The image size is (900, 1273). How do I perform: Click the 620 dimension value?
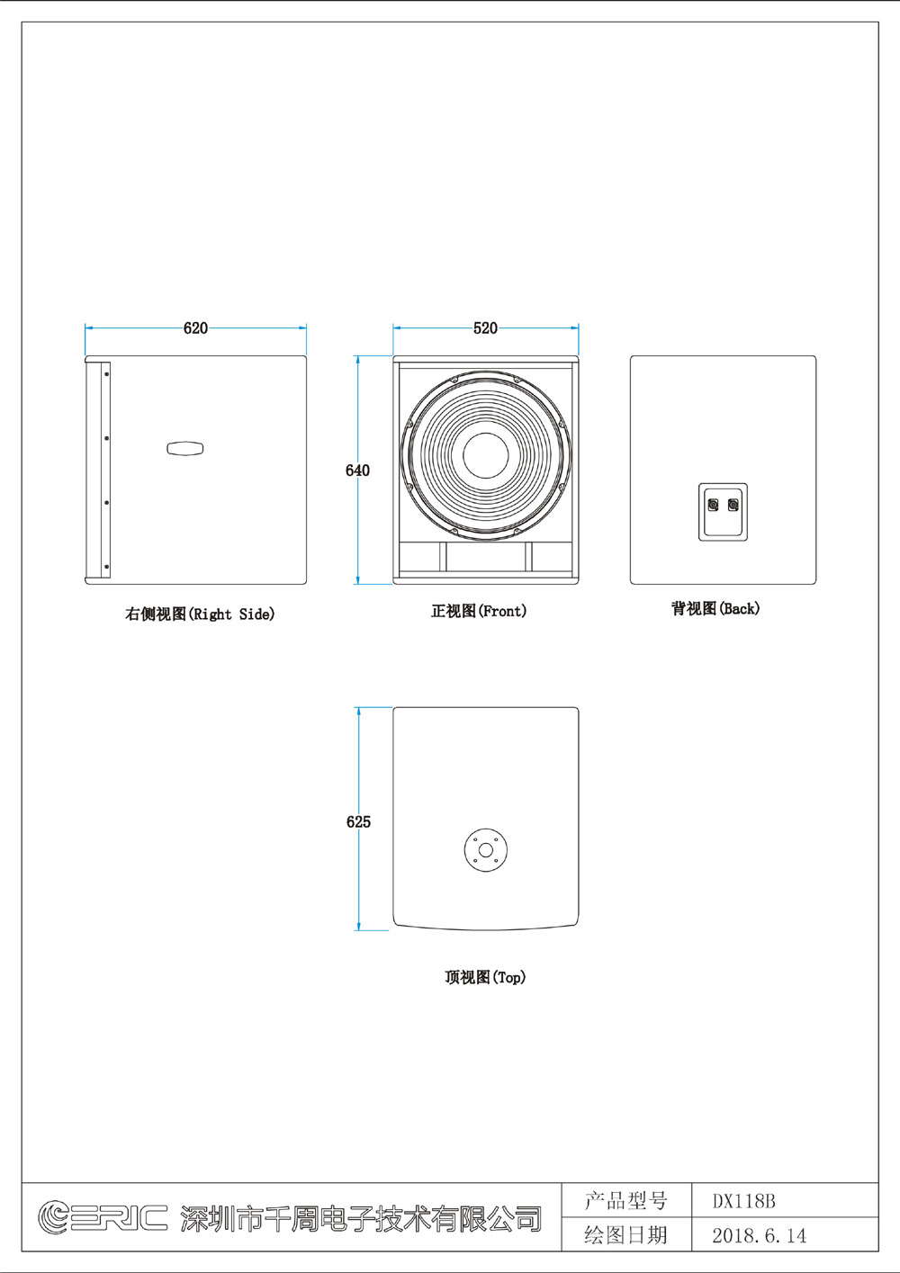coord(195,327)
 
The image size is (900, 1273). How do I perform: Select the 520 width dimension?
coord(485,327)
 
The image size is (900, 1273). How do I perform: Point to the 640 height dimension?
coord(357,470)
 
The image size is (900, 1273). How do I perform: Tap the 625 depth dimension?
coord(358,821)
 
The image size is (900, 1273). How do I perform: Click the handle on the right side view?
coord(185,448)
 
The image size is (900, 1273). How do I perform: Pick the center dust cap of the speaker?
coord(485,455)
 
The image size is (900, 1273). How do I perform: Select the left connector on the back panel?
coord(713,505)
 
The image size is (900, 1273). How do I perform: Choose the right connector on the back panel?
coord(733,505)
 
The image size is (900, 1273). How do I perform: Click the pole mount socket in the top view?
coord(485,850)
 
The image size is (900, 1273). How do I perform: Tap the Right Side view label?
coord(200,614)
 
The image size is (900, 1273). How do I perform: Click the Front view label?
coord(479,611)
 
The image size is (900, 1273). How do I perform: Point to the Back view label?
coord(715,609)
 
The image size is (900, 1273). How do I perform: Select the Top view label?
coord(485,977)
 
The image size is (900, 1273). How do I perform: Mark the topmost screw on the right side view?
coord(106,374)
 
